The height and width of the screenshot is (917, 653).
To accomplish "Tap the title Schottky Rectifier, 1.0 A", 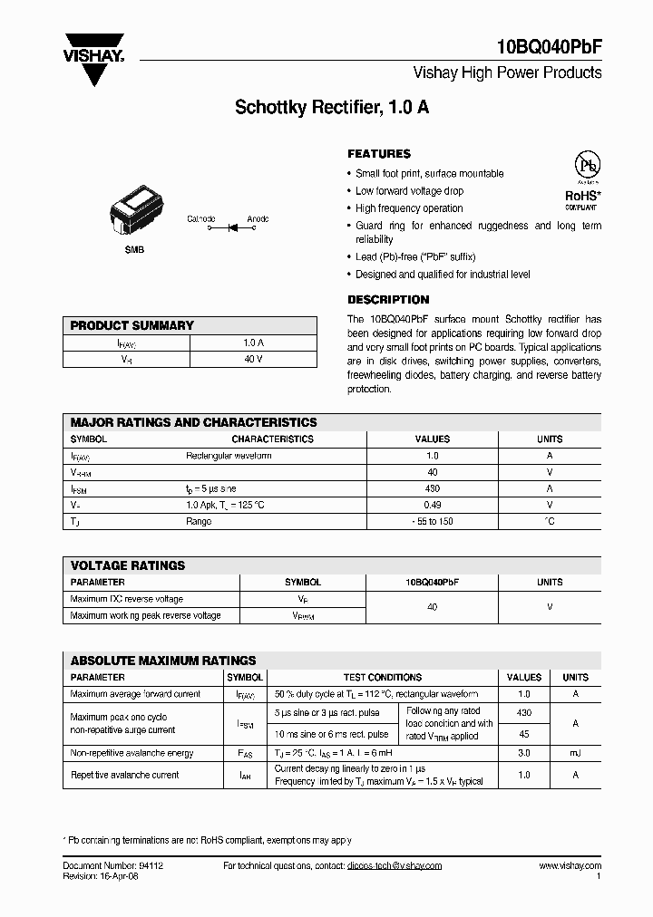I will [x=332, y=107].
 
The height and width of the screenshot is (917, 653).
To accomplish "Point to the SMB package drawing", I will [x=132, y=216].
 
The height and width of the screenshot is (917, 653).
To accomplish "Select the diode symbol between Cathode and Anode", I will [x=231, y=227].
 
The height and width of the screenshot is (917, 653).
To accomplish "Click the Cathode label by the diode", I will [x=200, y=218].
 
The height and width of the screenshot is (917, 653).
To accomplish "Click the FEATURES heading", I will [x=379, y=154].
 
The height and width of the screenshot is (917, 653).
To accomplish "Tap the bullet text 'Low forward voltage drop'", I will [x=409, y=191].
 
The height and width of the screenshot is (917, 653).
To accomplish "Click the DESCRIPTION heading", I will [x=388, y=300].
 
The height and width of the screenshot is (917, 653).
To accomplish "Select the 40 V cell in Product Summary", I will [x=253, y=360].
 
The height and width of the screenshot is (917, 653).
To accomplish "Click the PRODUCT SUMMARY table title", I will [x=132, y=325].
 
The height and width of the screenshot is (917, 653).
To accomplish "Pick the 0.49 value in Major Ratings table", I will [x=433, y=505].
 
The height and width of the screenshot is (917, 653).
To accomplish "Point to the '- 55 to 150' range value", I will [x=433, y=521].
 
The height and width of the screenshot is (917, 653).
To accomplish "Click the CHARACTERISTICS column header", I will [x=272, y=439].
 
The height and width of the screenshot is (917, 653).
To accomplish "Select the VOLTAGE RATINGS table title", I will [x=128, y=565].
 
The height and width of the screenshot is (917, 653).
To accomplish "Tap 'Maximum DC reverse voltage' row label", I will [x=127, y=599].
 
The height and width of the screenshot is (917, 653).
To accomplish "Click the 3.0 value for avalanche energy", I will [x=523, y=753].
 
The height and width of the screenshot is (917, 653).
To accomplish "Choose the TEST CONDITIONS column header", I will [x=382, y=677].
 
